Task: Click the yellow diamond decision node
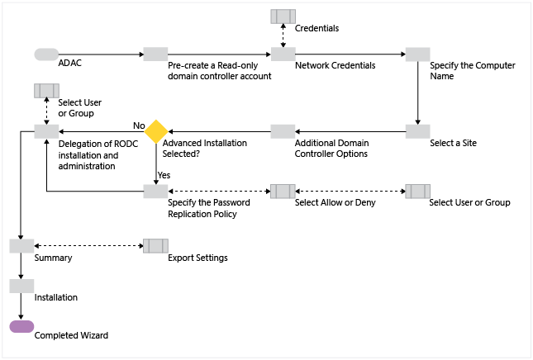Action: coord(156,131)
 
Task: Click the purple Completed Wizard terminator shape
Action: coord(21,326)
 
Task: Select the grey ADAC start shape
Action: coord(45,54)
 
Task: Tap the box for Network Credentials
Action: coord(283,54)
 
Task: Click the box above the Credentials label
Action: coord(283,17)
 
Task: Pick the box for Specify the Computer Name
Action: coord(417,54)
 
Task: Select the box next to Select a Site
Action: coord(417,131)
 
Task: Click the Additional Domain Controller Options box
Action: coord(283,131)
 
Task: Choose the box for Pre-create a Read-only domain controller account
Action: coord(155,54)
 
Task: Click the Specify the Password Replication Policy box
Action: coord(155,192)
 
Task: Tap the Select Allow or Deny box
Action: coord(283,192)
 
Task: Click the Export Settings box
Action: coord(155,246)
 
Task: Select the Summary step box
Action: coord(21,246)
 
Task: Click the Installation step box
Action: coord(21,286)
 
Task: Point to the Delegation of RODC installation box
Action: coord(45,131)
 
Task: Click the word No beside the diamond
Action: coord(139,126)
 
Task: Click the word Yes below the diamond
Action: coord(164,175)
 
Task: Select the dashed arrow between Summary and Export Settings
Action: coord(88,246)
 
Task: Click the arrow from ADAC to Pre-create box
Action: coord(101,54)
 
